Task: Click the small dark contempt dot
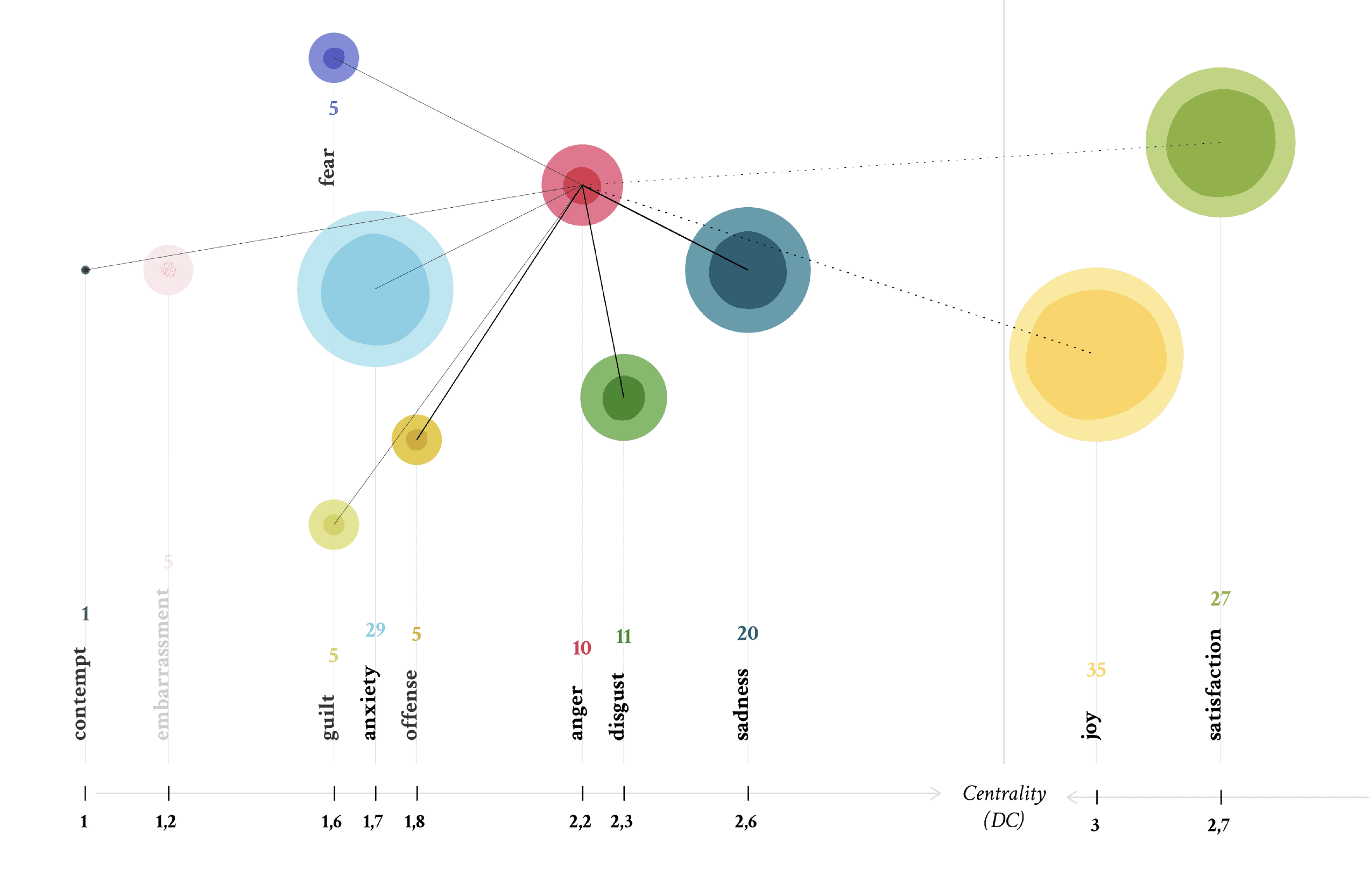[86, 270]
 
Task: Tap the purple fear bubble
[334, 58]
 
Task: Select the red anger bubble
[582, 185]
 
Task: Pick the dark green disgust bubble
[623, 397]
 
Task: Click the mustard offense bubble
[417, 440]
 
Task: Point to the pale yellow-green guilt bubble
[334, 525]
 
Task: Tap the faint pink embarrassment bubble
[168, 270]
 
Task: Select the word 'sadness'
[742, 704]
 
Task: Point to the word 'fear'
[327, 167]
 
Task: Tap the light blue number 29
[375, 629]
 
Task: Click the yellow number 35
[1096, 669]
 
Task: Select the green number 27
[1220, 598]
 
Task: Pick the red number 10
[581, 647]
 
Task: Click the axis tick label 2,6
[745, 822]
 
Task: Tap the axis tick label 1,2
[166, 822]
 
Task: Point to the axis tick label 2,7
[1218, 825]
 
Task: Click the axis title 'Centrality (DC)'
[1004, 806]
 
